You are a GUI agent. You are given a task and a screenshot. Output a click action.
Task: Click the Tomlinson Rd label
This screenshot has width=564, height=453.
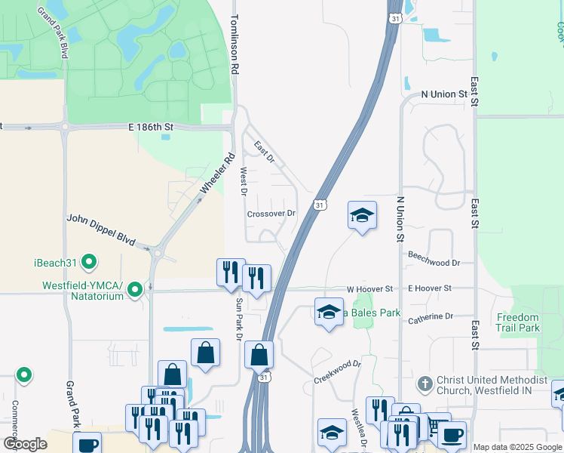[x=234, y=44]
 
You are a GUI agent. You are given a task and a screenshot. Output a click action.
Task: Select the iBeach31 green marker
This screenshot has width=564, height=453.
[x=90, y=262]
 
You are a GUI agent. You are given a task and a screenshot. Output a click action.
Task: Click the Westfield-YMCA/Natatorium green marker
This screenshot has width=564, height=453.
[x=135, y=289]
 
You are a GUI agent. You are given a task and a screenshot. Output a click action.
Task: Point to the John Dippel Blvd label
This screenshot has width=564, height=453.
[x=100, y=230]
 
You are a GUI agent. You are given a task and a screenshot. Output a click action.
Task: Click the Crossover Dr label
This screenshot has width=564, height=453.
[x=271, y=214]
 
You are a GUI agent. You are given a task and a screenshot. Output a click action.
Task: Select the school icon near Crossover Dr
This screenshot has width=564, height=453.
[x=362, y=215]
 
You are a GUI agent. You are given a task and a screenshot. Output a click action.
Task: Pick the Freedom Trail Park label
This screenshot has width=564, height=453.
[x=518, y=322]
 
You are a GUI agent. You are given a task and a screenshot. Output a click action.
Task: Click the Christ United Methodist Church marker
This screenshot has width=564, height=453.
[x=425, y=384]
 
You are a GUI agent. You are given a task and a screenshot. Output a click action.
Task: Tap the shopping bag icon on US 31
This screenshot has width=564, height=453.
[x=259, y=354]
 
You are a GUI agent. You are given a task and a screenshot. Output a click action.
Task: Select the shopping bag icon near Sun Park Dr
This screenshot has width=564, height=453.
[x=205, y=352]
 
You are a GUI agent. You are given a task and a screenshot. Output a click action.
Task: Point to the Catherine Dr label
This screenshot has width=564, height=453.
[x=431, y=317]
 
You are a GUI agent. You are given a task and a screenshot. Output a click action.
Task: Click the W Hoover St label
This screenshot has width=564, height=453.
[x=370, y=289]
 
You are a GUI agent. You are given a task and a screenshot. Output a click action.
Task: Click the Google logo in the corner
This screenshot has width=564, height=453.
[x=25, y=444]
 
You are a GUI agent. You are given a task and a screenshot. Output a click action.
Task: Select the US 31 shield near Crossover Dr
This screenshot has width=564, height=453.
[x=320, y=205]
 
